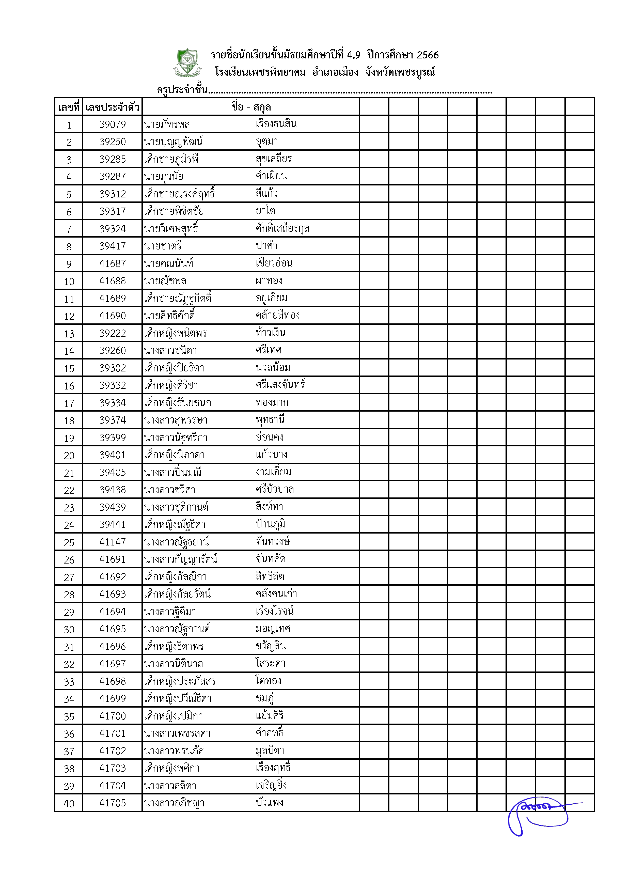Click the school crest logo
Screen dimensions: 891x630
coord(187,62)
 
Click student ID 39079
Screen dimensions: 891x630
coord(113,124)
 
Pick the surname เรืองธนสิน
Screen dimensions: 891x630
coord(276,124)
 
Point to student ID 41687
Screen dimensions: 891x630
coord(113,263)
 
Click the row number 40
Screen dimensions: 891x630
coord(69,803)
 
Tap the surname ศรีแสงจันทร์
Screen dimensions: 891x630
coord(280,385)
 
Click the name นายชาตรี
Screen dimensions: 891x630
coord(163,246)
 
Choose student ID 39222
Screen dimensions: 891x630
coord(113,333)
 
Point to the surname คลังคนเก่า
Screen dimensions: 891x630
coord(276,594)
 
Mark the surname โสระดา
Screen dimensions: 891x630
coord(270,663)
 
